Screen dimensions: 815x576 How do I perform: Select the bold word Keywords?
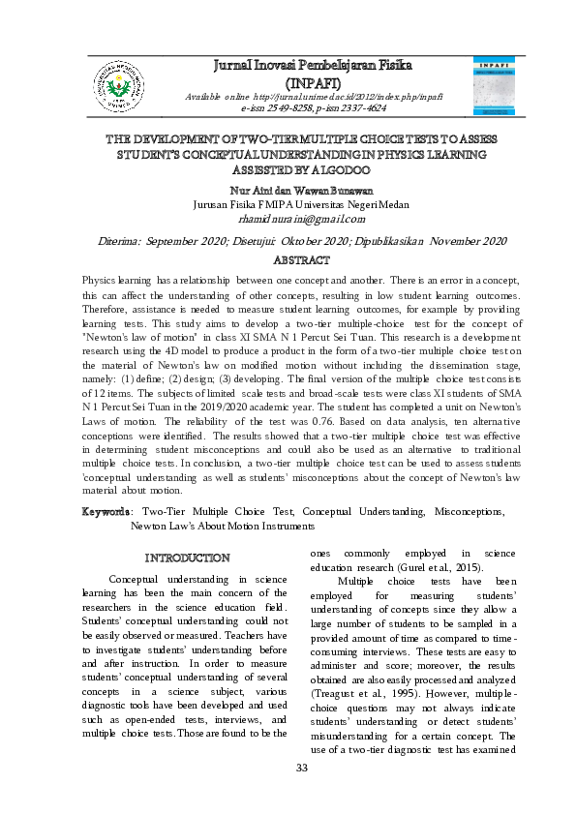pyautogui.click(x=106, y=510)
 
